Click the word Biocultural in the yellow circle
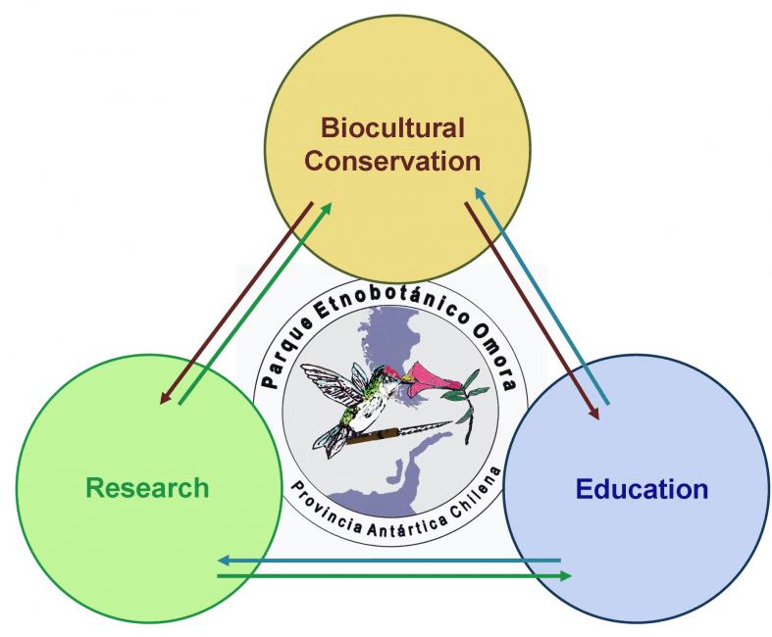tap(393, 128)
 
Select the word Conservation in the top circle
tap(392, 162)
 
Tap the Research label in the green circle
tap(147, 488)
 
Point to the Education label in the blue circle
tap(642, 489)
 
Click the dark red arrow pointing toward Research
tap(236, 303)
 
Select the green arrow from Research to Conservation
tap(255, 303)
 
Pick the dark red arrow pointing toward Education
tap(533, 311)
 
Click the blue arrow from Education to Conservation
tap(541, 296)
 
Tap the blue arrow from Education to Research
tap(389, 561)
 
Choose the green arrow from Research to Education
tap(394, 575)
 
